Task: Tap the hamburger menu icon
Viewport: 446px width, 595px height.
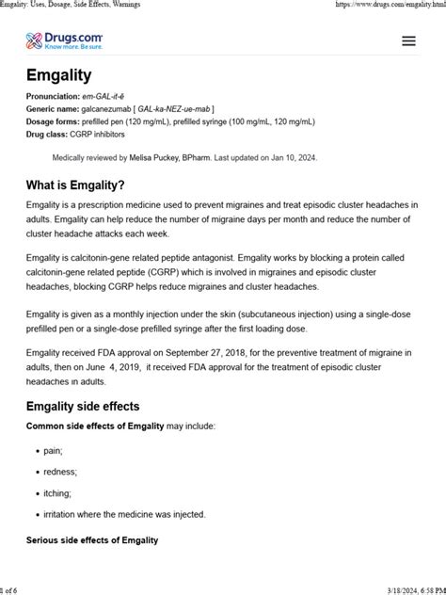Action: coord(408,40)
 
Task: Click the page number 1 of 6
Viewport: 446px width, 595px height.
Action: coord(12,588)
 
